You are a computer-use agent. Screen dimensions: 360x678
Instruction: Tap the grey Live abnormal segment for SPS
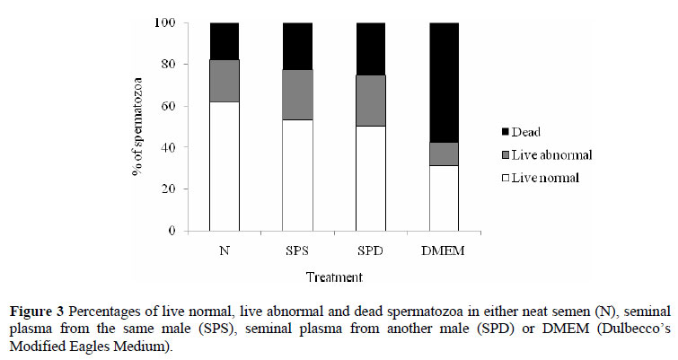[297, 94]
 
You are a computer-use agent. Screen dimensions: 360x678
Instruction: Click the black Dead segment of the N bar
[224, 41]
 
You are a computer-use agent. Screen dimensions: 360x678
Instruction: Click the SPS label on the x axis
[297, 249]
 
